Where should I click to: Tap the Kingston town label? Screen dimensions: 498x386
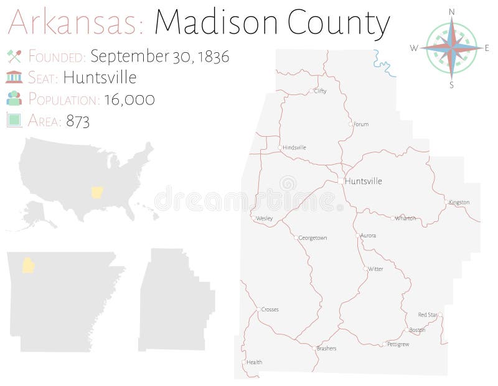(x=459, y=202)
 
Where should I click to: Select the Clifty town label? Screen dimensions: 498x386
(x=320, y=91)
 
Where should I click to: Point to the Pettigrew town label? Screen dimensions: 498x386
(x=398, y=344)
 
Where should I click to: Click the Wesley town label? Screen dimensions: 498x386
(x=264, y=218)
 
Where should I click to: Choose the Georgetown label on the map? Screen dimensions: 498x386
(x=312, y=237)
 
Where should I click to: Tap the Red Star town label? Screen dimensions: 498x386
(x=428, y=315)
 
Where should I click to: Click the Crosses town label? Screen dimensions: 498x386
(x=270, y=309)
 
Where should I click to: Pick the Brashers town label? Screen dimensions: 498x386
(x=326, y=348)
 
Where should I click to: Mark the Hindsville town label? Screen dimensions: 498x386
(x=294, y=147)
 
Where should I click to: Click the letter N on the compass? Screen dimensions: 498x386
(x=451, y=12)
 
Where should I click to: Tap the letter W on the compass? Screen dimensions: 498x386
(x=414, y=48)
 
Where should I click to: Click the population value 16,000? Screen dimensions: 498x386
(x=131, y=99)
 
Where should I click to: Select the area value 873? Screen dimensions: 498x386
(x=78, y=121)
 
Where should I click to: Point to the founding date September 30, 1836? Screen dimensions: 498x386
(x=159, y=56)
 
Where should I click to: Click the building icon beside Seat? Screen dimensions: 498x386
(x=14, y=77)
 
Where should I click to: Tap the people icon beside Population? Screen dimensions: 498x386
(x=14, y=98)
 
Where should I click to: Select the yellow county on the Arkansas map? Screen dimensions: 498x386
(x=28, y=265)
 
